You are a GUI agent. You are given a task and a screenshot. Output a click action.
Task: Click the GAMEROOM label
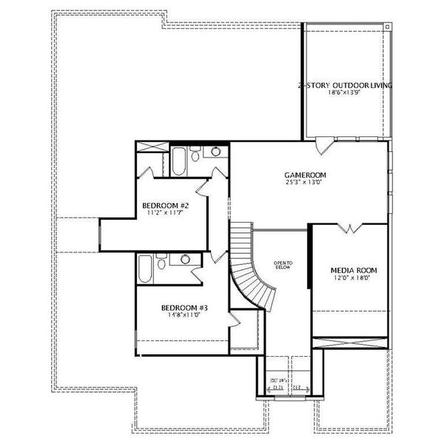[x=306, y=175]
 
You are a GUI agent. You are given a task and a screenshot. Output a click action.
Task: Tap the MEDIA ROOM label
[x=349, y=270]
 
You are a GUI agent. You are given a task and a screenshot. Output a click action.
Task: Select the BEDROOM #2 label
[x=166, y=206]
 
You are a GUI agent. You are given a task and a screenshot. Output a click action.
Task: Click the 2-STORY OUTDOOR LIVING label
[x=345, y=86]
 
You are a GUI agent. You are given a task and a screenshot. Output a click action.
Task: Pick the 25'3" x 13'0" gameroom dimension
[x=306, y=183]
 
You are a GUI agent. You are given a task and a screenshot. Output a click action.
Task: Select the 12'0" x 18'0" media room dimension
[x=349, y=278]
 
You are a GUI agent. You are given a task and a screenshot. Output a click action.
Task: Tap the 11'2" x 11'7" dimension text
[x=166, y=213]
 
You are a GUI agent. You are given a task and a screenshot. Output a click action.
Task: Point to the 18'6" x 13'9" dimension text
[x=345, y=93]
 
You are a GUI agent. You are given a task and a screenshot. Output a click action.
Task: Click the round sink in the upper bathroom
[x=215, y=152]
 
